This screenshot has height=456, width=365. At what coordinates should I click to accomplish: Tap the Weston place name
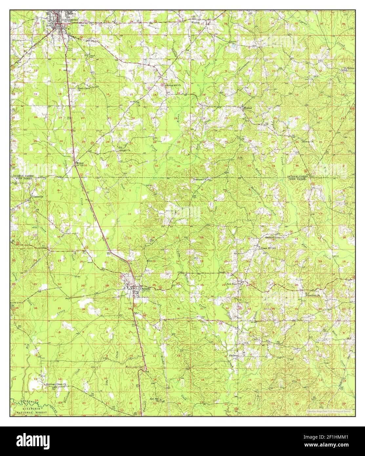click(195, 23)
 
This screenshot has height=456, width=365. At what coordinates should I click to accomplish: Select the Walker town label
click(247, 107)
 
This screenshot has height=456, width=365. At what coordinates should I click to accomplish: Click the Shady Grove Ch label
click(83, 89)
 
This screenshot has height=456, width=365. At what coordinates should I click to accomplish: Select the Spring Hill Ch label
click(173, 85)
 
